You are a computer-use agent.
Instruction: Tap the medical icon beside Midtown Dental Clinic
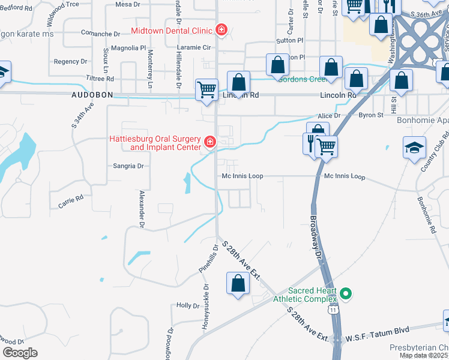(x=221, y=29)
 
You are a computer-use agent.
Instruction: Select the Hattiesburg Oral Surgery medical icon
(x=210, y=142)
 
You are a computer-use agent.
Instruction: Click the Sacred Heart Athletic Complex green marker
(x=345, y=293)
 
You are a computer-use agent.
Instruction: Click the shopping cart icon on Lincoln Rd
(x=206, y=89)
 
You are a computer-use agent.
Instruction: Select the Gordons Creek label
(x=310, y=79)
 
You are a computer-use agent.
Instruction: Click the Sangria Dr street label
(x=128, y=166)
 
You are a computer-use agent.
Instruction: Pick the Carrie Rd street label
(x=70, y=200)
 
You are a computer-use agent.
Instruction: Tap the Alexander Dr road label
(x=142, y=209)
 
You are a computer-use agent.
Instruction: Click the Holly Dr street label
(x=187, y=305)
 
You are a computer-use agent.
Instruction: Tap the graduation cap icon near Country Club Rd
(x=414, y=148)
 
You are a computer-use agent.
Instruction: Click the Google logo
(x=20, y=353)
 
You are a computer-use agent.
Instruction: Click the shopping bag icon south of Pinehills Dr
(x=238, y=283)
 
